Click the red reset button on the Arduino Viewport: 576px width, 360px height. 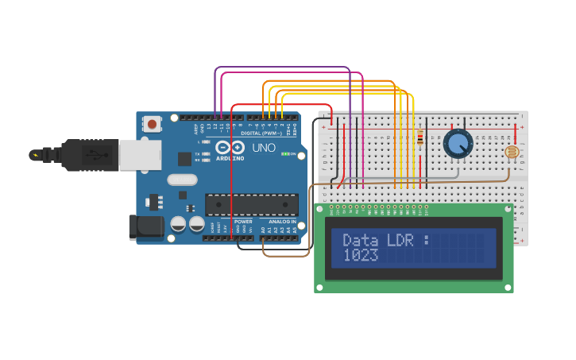coord(151,123)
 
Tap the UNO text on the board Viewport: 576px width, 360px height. coord(264,148)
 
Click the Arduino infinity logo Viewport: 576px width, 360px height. coord(230,148)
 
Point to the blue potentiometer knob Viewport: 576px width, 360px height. coord(458,144)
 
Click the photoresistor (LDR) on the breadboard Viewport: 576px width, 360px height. coord(512,152)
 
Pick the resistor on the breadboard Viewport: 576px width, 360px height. coord(419,139)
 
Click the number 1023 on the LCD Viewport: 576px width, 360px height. coord(361,255)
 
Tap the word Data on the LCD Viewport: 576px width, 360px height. coord(361,239)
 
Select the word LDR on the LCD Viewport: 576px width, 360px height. coord(400,239)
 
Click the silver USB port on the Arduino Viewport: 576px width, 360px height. coord(140,155)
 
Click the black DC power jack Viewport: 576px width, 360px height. coord(146,227)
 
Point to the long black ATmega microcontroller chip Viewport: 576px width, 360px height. coord(252,204)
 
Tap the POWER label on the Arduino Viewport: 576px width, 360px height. coord(243,222)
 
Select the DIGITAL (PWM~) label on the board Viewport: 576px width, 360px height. coord(261,133)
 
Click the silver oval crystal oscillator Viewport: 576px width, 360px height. coord(182,180)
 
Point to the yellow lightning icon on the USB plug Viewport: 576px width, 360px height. coord(34,155)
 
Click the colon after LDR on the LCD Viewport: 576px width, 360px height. coord(426,239)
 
